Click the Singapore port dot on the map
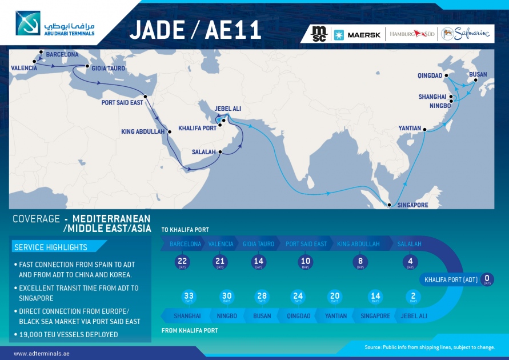[x=390, y=205]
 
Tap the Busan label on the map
[x=478, y=75]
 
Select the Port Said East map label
[x=122, y=103]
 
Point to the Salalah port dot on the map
[x=220, y=152]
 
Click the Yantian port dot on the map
[x=424, y=130]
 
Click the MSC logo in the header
[x=318, y=34]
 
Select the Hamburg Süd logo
[x=411, y=34]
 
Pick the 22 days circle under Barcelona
[x=183, y=262]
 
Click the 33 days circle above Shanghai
[x=189, y=297]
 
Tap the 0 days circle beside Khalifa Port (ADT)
[x=487, y=279]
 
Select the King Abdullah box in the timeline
[x=358, y=244]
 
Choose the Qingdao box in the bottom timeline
[x=298, y=316]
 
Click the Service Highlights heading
[x=51, y=247]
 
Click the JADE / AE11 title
[x=195, y=30]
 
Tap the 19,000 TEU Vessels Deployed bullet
[x=69, y=334]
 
